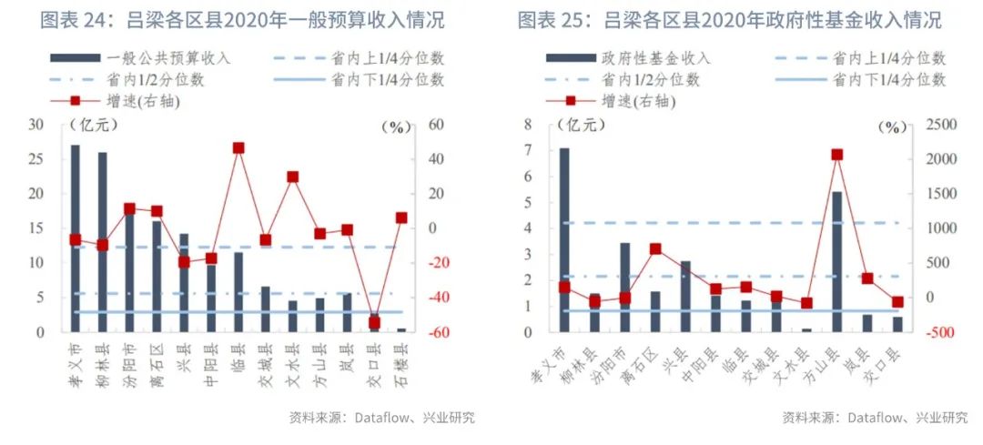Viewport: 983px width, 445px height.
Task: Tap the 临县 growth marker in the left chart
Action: pyautogui.click(x=238, y=147)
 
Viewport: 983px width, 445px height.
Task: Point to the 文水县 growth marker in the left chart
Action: pyautogui.click(x=293, y=177)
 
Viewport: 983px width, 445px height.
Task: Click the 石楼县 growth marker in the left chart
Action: pyautogui.click(x=401, y=217)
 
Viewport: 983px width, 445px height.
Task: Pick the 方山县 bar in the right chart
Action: pyautogui.click(x=836, y=261)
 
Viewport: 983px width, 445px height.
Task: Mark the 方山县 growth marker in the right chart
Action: pyautogui.click(x=836, y=155)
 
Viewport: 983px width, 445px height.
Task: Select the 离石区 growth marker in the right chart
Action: pyautogui.click(x=655, y=248)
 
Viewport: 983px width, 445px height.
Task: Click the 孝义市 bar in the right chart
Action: pyautogui.click(x=564, y=240)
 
